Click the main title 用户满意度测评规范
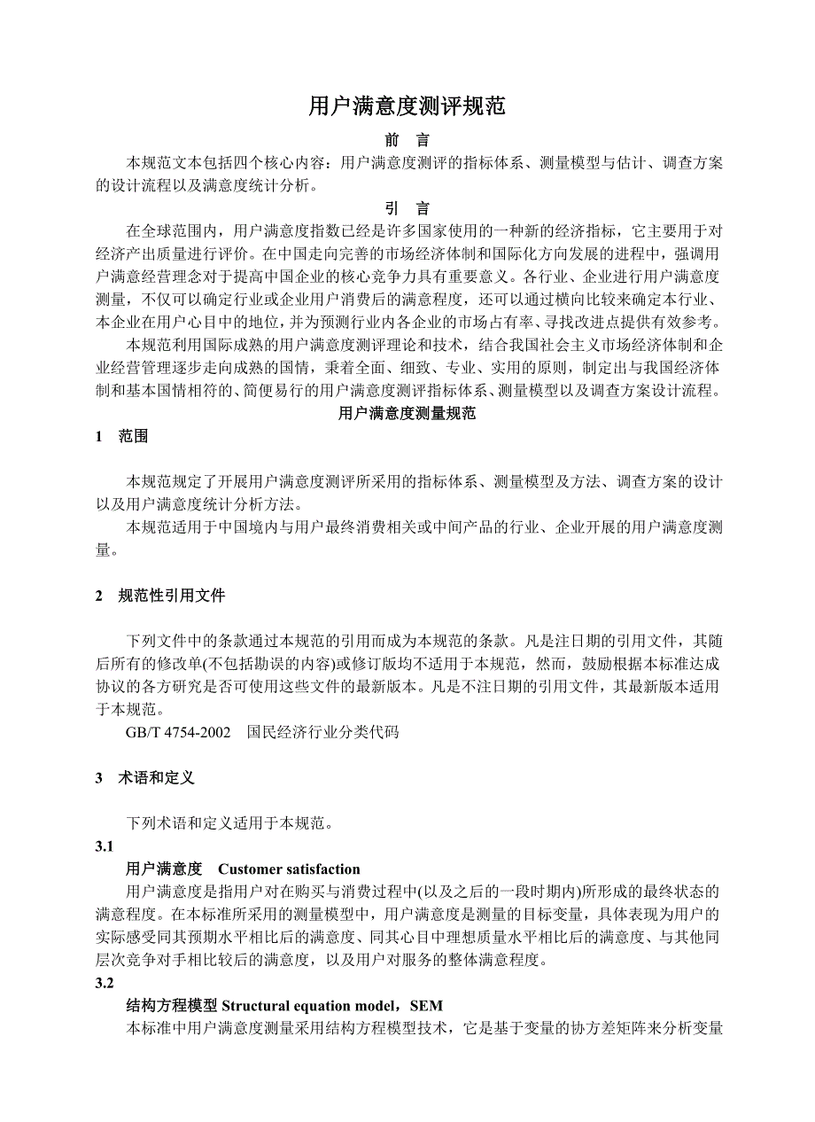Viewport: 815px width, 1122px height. [x=407, y=107]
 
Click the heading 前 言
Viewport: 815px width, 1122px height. [x=407, y=140]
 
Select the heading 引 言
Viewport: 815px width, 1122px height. [x=407, y=209]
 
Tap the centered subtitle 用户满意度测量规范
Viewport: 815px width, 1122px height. [x=407, y=413]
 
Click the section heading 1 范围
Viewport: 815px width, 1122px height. [x=122, y=436]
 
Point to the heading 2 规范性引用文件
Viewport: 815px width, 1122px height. [x=161, y=596]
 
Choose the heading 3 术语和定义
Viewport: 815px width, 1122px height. [x=145, y=777]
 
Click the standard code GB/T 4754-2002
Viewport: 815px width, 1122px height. [x=178, y=732]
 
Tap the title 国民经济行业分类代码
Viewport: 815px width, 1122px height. [x=323, y=732]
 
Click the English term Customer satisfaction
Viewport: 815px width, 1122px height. [x=289, y=869]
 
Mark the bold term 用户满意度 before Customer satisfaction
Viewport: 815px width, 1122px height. [x=165, y=869]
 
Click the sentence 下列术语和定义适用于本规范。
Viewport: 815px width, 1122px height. [x=229, y=823]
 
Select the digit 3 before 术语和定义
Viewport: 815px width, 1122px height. [x=99, y=777]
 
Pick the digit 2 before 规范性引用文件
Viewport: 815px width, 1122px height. [x=99, y=596]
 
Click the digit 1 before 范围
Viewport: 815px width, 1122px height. [x=99, y=436]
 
